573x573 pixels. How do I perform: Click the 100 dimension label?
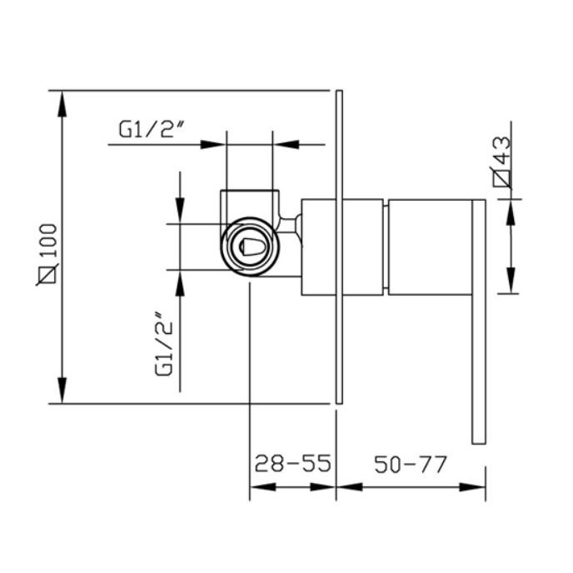(x=48, y=241)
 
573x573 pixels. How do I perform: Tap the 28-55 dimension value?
(x=292, y=464)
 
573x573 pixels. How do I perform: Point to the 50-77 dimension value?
(x=411, y=465)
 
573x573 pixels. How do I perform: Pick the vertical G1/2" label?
(x=163, y=343)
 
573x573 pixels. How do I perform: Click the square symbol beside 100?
(x=47, y=274)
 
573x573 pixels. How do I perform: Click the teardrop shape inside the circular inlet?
(x=250, y=247)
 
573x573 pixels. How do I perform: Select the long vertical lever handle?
(x=479, y=322)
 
